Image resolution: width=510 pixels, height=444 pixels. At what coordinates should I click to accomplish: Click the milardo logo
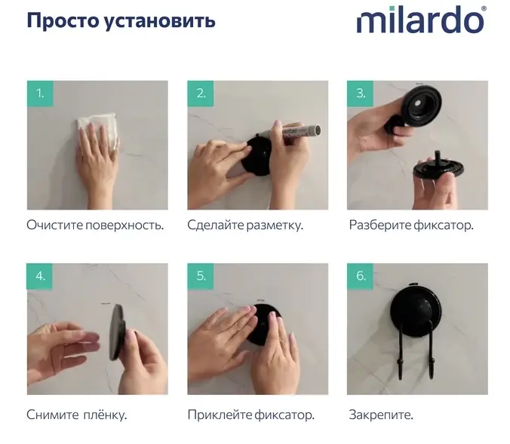click(422, 20)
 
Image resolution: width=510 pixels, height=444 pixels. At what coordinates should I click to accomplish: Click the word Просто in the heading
click(63, 21)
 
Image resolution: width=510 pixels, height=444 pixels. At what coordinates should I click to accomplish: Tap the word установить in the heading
click(160, 22)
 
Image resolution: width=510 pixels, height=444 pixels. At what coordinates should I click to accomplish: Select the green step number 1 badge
click(40, 93)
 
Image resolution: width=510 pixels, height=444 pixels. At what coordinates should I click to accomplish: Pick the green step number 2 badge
click(201, 93)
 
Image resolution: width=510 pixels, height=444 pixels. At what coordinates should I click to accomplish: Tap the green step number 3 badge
click(361, 93)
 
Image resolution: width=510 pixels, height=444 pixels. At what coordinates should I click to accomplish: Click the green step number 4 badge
click(40, 277)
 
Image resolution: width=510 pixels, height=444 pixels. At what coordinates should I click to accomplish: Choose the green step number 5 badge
click(201, 277)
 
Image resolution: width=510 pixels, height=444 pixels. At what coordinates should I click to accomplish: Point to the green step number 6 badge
click(361, 277)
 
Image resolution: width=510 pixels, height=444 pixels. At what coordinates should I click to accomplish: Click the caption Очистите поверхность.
click(95, 225)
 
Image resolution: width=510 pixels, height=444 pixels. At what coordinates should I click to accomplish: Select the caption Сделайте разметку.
click(245, 225)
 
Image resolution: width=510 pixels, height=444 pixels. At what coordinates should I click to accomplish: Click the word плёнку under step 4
click(105, 415)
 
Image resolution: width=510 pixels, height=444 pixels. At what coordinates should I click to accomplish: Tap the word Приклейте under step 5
click(220, 415)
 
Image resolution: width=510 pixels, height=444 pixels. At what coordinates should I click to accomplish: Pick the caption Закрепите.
click(381, 415)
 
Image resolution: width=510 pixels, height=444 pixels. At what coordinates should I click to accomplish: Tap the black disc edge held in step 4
click(117, 332)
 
